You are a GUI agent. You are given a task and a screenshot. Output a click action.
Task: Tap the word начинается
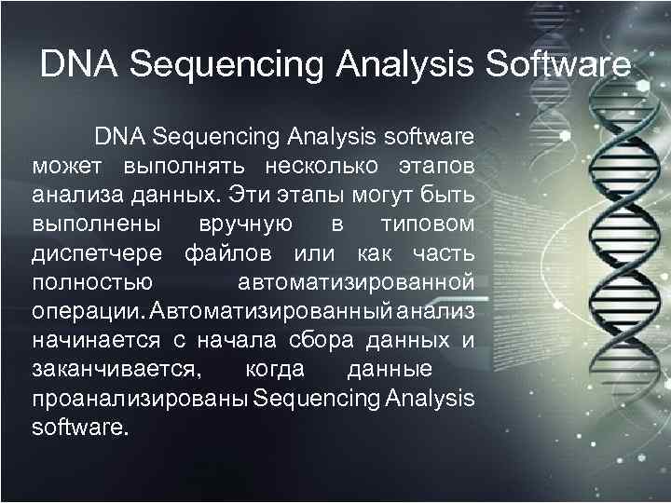click(x=95, y=340)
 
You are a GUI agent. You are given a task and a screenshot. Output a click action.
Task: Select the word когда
click(x=274, y=369)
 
